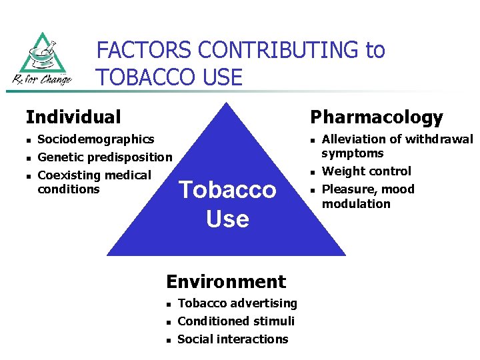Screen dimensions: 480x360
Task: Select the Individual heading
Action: (73, 117)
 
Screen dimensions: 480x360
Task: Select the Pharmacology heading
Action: (376, 117)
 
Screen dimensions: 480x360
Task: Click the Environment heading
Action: (225, 281)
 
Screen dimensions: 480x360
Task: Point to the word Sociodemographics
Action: (96, 139)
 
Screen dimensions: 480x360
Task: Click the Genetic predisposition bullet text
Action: (105, 157)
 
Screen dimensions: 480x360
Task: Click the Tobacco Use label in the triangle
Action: (227, 204)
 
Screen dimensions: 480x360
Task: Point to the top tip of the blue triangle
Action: (227, 103)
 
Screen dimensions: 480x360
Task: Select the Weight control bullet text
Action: (367, 171)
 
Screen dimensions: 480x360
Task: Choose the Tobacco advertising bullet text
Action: (237, 303)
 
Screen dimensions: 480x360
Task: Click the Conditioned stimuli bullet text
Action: (236, 321)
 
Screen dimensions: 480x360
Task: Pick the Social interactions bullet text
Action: (233, 339)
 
